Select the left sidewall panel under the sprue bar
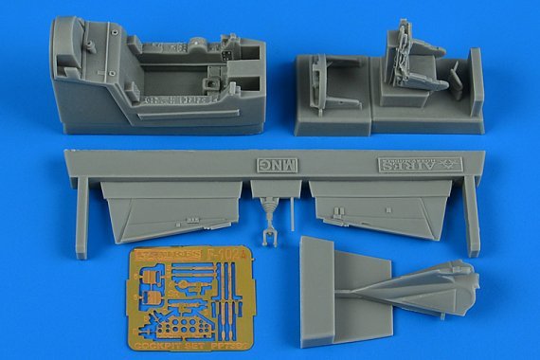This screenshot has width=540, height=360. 168,211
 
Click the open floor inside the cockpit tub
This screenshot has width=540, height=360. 180,90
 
